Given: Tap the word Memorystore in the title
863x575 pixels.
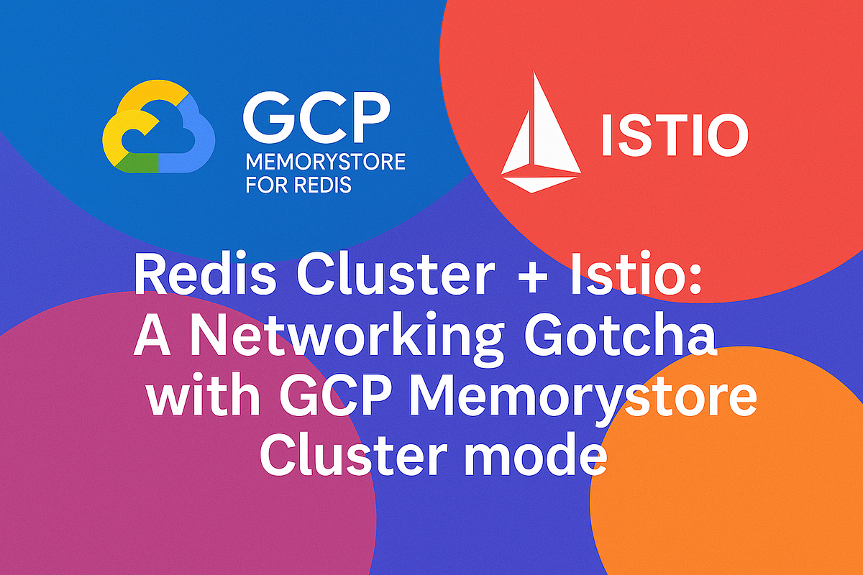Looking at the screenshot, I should point(586,400).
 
